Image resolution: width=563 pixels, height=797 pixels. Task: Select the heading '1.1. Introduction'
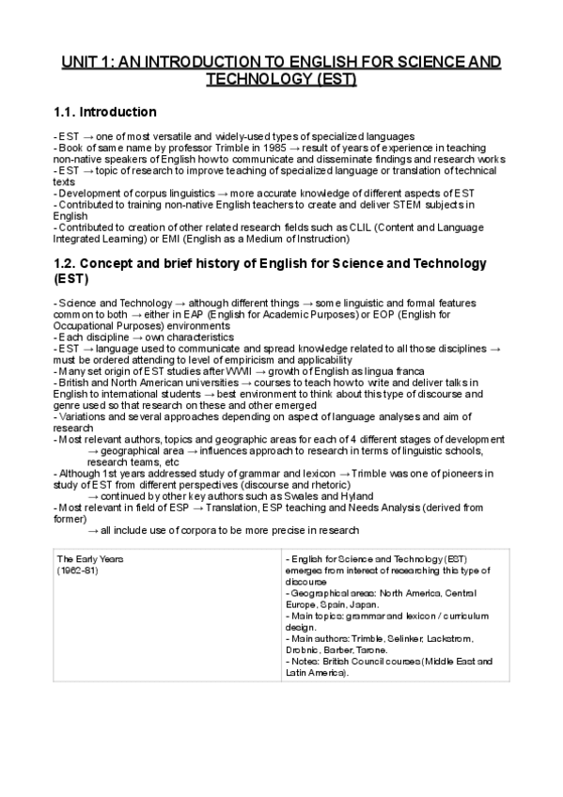[105, 112]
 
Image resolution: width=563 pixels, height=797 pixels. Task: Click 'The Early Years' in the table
[91, 559]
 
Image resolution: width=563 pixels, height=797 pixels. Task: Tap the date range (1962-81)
[78, 570]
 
